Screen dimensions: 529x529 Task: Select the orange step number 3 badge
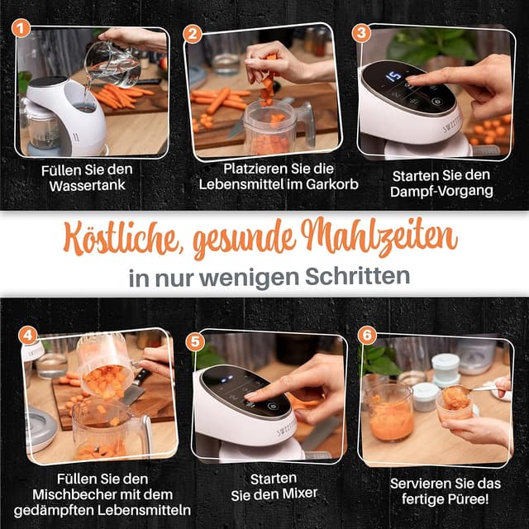[361, 32]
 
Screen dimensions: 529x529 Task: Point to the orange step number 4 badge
[29, 336]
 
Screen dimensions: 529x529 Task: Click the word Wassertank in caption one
[98, 184]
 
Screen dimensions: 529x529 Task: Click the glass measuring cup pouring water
[113, 64]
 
